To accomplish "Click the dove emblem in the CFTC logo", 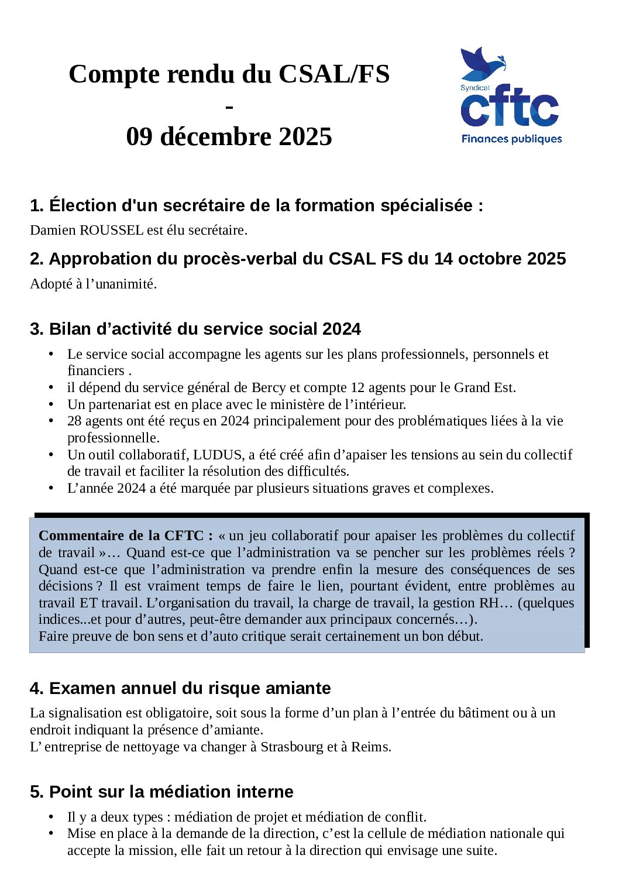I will pyautogui.click(x=481, y=64).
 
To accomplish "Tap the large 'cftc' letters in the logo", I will pyautogui.click(x=510, y=109).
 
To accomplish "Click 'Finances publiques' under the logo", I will pyautogui.click(x=511, y=139).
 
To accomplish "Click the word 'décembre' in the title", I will pyautogui.click(x=215, y=136).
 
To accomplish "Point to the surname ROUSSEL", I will pyautogui.click(x=111, y=230).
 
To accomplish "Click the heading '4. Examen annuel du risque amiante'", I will pyautogui.click(x=180, y=688).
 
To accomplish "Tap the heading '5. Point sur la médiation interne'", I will pyautogui.click(x=161, y=792).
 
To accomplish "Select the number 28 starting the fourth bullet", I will pyautogui.click(x=74, y=421).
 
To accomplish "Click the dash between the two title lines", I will pyautogui.click(x=229, y=107).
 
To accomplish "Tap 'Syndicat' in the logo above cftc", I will pyautogui.click(x=474, y=88).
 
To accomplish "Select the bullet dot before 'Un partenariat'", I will pyautogui.click(x=51, y=404).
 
